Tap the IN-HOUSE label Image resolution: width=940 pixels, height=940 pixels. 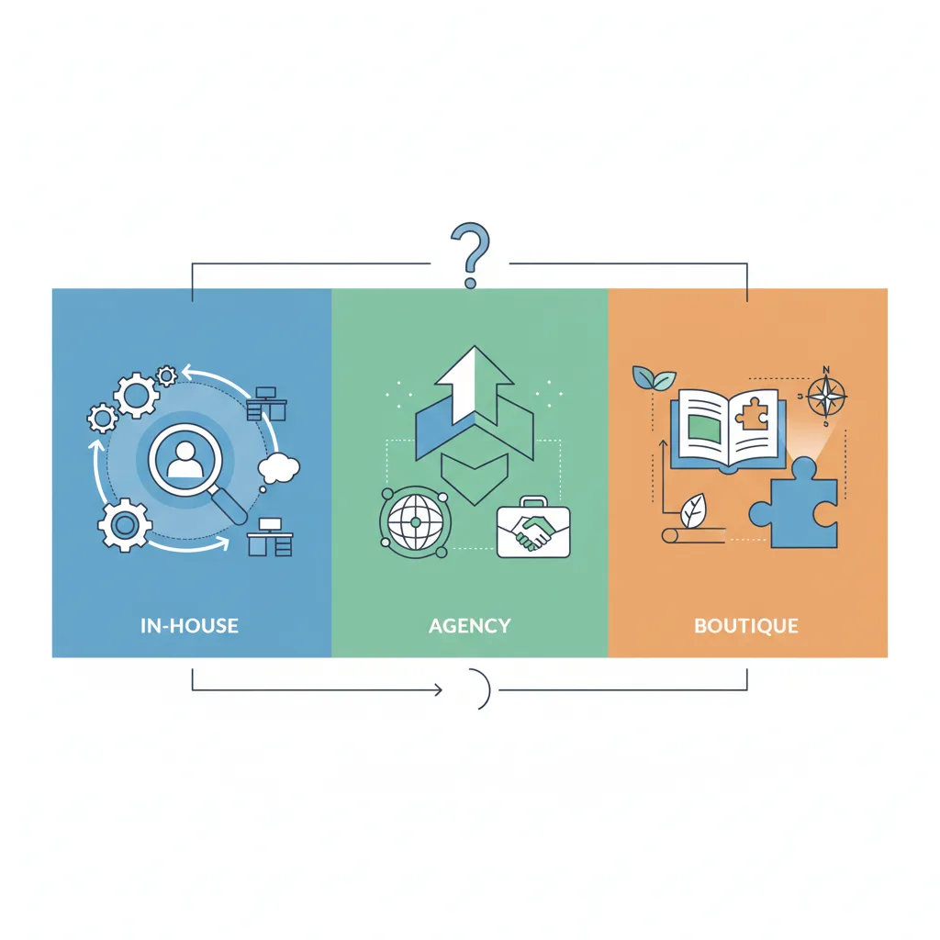pos(190,627)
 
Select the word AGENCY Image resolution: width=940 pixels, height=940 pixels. pos(469,627)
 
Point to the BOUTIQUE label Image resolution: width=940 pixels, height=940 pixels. pos(746,627)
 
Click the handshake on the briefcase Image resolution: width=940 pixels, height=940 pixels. pos(533,532)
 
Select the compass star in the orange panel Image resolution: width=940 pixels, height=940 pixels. pos(825,397)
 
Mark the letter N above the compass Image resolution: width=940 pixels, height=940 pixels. pos(825,370)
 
